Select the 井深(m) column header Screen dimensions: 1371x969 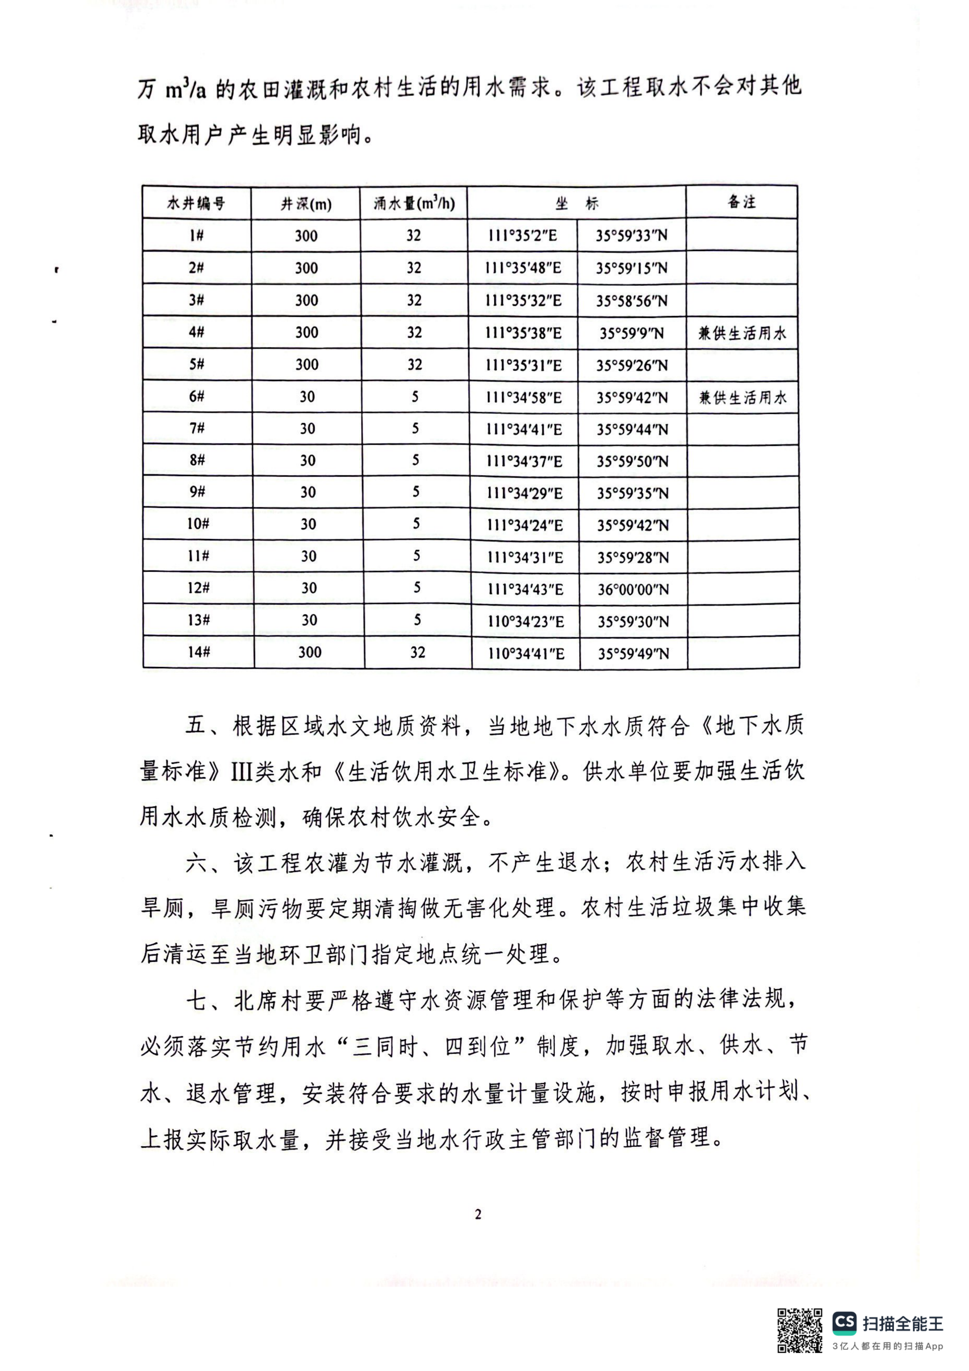pyautogui.click(x=306, y=204)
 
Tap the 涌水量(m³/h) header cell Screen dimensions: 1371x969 pyautogui.click(x=414, y=204)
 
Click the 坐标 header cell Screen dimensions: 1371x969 pyautogui.click(x=576, y=204)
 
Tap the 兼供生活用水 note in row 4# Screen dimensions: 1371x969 pyautogui.click(x=743, y=333)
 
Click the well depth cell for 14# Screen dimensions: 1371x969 pyautogui.click(x=310, y=652)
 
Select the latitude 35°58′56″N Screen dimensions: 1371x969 pyautogui.click(x=631, y=301)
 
